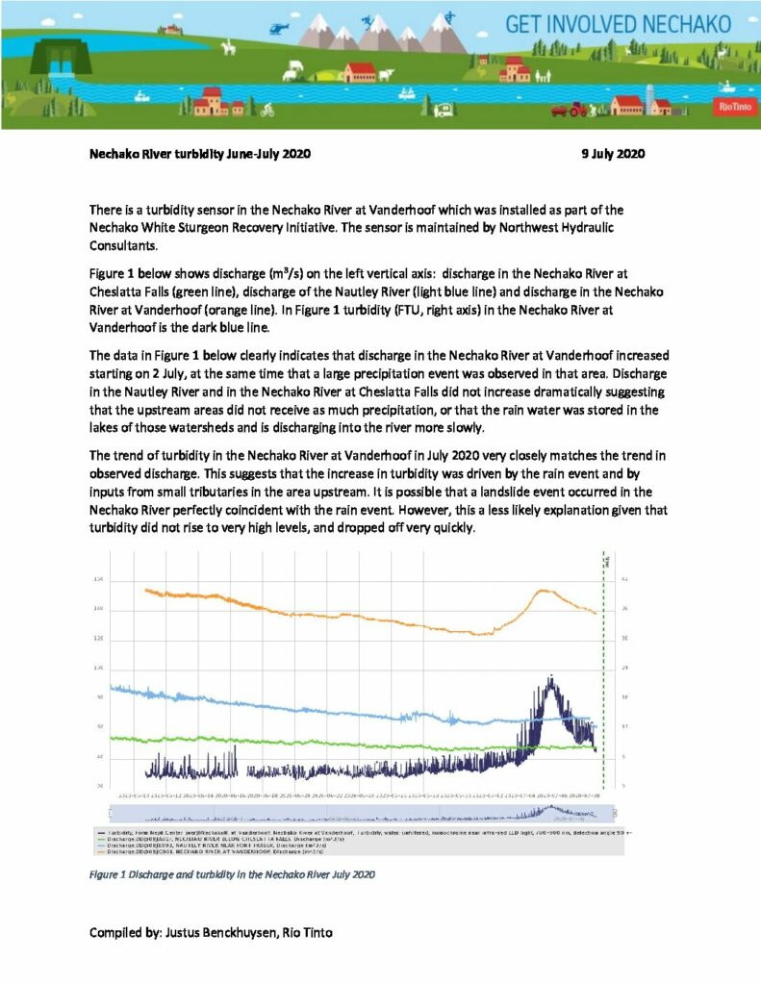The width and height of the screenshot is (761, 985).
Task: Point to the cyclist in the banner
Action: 266,110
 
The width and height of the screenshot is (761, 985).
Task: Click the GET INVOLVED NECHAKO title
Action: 631,24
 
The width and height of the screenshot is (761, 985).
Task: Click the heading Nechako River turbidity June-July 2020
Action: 200,154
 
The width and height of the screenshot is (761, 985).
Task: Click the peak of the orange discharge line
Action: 542,591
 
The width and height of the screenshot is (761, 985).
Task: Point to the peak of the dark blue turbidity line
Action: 549,680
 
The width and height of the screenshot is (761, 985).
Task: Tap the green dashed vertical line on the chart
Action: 603,673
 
